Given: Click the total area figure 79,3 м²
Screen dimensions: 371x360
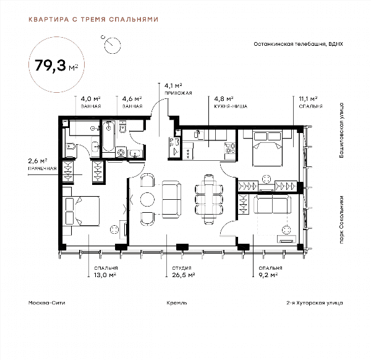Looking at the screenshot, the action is [x=56, y=66].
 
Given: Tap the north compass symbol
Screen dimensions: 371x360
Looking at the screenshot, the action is [x=112, y=45].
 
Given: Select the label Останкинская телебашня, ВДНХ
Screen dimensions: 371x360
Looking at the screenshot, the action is [x=298, y=44].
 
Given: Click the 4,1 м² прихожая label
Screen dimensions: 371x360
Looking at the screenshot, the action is [x=178, y=89].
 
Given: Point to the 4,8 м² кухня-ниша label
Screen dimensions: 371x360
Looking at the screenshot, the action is [x=231, y=102].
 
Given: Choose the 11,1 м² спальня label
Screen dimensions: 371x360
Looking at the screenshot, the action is [x=310, y=102].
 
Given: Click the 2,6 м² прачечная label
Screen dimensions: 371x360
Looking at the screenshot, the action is [x=42, y=165].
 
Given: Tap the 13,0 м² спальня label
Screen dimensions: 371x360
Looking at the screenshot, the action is [x=106, y=272].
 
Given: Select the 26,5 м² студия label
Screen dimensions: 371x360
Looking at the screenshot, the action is [x=184, y=272].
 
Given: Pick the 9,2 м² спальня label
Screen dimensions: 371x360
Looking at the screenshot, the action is [x=270, y=272].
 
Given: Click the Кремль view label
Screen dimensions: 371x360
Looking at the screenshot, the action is [x=176, y=302].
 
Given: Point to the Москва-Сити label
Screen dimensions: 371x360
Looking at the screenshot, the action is [x=46, y=302].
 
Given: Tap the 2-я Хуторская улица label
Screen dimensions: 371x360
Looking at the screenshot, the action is [x=315, y=302].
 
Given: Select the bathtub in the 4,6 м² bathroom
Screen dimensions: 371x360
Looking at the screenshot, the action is [x=108, y=136].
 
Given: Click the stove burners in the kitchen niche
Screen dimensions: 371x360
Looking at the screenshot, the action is [x=230, y=148].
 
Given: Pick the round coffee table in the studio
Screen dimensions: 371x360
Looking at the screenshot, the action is [x=147, y=199].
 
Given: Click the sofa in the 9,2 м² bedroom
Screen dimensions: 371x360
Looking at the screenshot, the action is [x=272, y=204].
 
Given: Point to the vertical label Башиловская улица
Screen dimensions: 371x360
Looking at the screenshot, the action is [x=341, y=130].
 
